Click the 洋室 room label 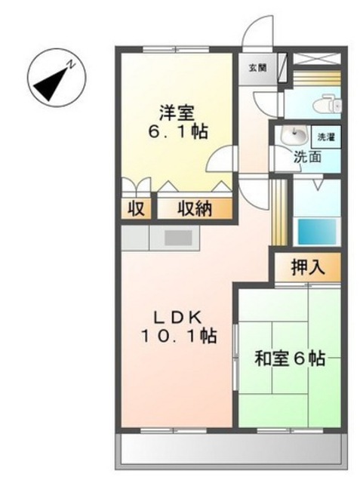coord(177,113)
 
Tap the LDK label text coord(177,318)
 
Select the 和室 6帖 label coord(290,358)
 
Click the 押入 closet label coord(308,266)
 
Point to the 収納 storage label coord(195,209)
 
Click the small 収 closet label coord(136,209)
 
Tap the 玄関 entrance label coord(257,68)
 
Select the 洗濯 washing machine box coord(326,137)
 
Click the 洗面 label coord(307,157)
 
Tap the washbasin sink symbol coord(294,134)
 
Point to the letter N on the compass coord(72,64)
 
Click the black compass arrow coord(51,84)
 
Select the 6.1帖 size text coord(178,131)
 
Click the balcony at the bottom coord(231,451)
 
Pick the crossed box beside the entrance coord(316,59)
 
